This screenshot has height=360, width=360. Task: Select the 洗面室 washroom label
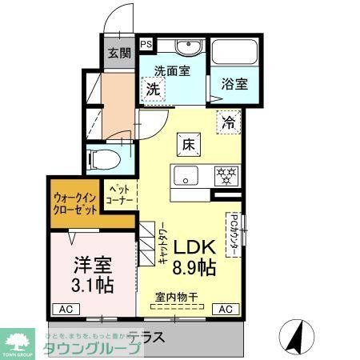tap(171, 70)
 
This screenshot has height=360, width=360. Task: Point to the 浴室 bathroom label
tap(234, 83)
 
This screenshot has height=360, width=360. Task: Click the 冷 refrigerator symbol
tap(229, 122)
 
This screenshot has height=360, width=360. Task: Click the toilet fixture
tap(102, 157)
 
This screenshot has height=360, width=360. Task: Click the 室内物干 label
tap(177, 297)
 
